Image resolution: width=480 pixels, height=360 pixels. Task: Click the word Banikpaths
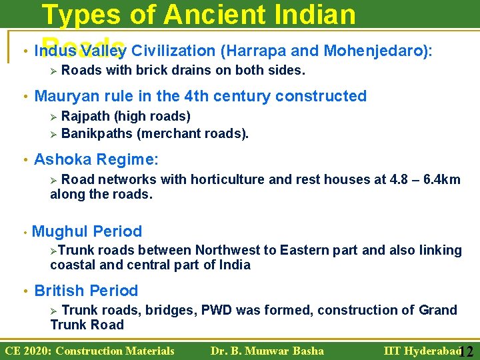tap(97, 133)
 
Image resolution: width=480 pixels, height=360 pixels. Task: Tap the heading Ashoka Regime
tap(96, 159)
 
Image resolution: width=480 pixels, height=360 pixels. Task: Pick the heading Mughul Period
tap(87, 231)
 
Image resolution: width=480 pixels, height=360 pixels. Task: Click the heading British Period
tap(86, 291)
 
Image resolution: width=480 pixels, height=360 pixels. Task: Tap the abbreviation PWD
tap(217, 310)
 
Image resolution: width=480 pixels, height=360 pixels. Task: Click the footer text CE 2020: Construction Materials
tap(90, 351)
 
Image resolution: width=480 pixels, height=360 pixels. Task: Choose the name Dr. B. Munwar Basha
tap(267, 351)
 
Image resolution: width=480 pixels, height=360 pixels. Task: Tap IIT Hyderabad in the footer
tap(421, 351)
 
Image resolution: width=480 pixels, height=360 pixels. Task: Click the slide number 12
tap(466, 351)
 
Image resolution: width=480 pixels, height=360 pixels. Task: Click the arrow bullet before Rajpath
tap(55, 117)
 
